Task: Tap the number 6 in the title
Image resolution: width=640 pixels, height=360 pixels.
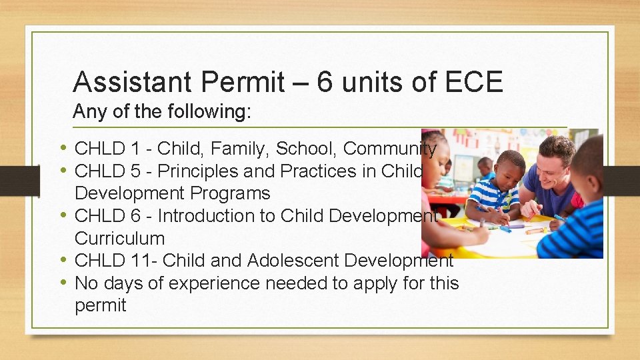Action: [325, 82]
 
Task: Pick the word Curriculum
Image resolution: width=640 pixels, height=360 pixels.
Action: [119, 239]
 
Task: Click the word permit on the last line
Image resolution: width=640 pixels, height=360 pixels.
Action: [101, 306]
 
